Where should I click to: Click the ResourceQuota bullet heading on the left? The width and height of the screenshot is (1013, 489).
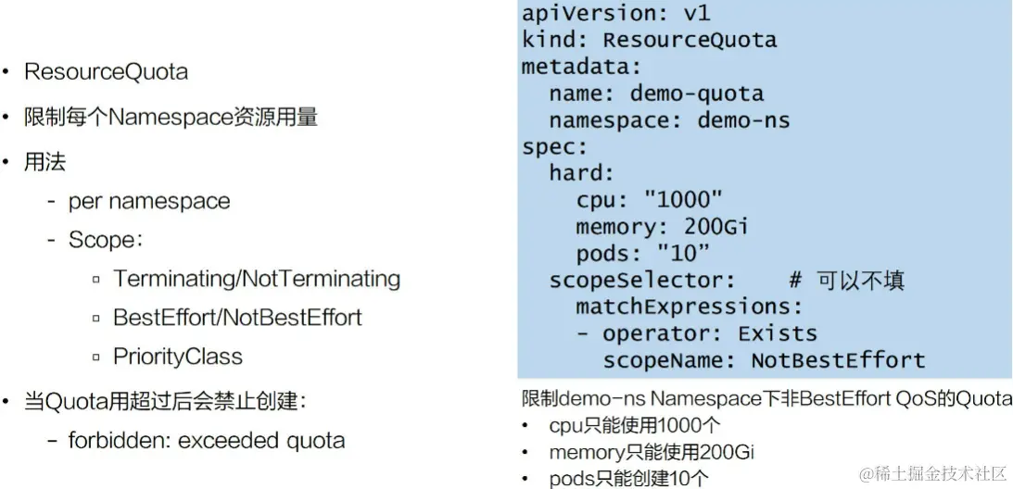tap(106, 71)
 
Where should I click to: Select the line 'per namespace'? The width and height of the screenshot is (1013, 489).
tap(148, 201)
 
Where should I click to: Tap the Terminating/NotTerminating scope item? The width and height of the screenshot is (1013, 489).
tap(257, 279)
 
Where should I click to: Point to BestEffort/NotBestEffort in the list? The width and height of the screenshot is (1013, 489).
tap(237, 318)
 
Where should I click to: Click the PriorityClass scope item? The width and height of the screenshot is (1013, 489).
tap(178, 357)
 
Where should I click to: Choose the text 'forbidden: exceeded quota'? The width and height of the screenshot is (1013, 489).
tap(206, 440)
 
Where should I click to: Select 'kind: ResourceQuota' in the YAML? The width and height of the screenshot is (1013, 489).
tap(649, 40)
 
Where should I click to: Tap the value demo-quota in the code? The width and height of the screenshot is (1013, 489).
tap(696, 94)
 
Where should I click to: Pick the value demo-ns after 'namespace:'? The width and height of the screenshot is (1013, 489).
tap(743, 120)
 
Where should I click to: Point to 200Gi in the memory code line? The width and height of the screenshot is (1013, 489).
tap(715, 227)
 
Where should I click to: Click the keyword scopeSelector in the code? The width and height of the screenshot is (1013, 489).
tap(641, 281)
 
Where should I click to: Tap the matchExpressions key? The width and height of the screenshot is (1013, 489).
tap(690, 307)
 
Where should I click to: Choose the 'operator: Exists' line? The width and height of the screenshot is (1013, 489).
tap(709, 333)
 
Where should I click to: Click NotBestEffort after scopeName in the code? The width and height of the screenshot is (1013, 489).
tap(838, 360)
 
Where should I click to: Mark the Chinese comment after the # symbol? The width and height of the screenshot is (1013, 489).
tap(860, 281)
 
